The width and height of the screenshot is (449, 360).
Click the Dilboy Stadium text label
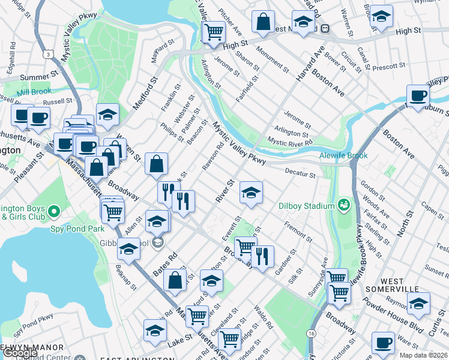[x=306, y=206]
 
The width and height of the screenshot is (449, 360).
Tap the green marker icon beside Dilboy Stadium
[x=343, y=206]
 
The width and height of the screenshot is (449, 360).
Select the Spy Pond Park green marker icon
[x=54, y=211]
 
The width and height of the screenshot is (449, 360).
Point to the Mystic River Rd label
[x=290, y=142]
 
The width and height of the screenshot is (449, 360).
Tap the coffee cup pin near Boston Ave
[x=418, y=96]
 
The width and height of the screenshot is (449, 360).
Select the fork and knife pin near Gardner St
[x=262, y=256]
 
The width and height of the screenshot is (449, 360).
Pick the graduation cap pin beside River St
[x=251, y=193]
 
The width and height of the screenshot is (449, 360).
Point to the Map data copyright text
[x=423, y=355]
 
